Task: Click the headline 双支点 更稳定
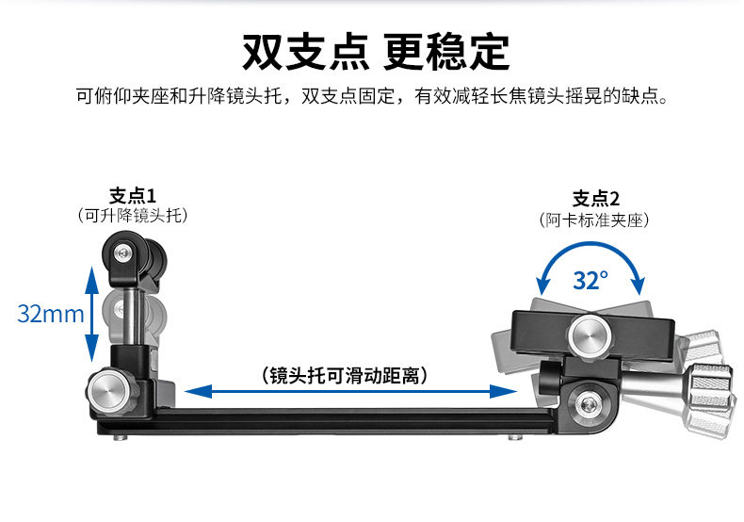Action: pyautogui.click(x=375, y=52)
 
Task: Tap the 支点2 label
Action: pyautogui.click(x=596, y=199)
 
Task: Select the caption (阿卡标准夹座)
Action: pyautogui.click(x=596, y=220)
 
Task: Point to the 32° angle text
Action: pyautogui.click(x=590, y=280)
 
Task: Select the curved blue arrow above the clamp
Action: pyautogui.click(x=590, y=253)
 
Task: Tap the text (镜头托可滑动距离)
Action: pyautogui.click(x=347, y=375)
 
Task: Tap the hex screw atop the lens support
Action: pyautogui.click(x=123, y=252)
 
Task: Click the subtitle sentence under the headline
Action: pyautogui.click(x=372, y=97)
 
